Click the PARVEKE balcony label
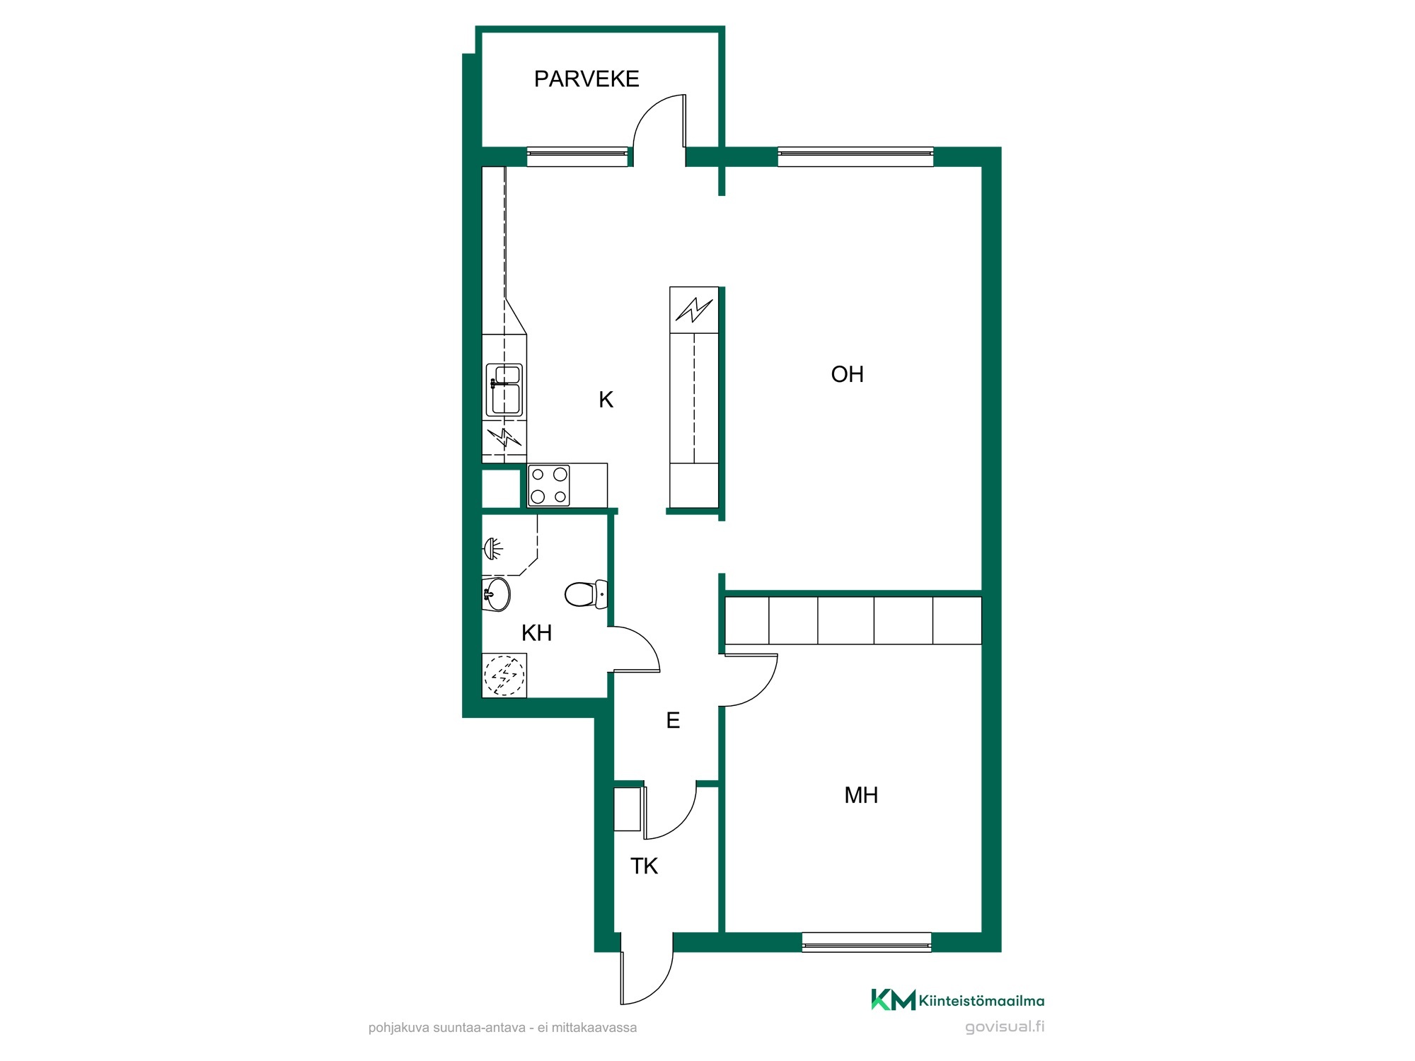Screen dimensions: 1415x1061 pos(587,79)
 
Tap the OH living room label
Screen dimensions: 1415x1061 pos(847,374)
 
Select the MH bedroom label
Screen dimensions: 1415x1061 pos(861,795)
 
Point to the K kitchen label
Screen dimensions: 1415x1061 pos(606,400)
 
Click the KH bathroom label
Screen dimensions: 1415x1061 pos(536,633)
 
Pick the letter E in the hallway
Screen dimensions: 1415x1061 pos(673,721)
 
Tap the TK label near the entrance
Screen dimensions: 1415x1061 pos(644,866)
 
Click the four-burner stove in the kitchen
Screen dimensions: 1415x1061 pos(549,485)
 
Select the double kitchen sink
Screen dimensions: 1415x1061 pos(504,390)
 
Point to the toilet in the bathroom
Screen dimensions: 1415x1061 pos(587,594)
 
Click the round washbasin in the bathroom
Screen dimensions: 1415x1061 pos(496,594)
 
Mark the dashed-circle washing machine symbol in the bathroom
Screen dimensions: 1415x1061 pos(504,675)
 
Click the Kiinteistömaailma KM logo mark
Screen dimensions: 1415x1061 pos(893,999)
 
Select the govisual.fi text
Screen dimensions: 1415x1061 pos(1005,1027)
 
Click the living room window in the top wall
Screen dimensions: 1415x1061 pos(855,156)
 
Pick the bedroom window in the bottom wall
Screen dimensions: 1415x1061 pos(867,942)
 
